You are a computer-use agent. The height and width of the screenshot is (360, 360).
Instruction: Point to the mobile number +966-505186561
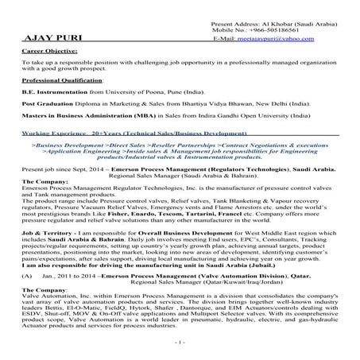288,30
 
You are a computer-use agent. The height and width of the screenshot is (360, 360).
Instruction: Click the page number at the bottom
180,343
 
